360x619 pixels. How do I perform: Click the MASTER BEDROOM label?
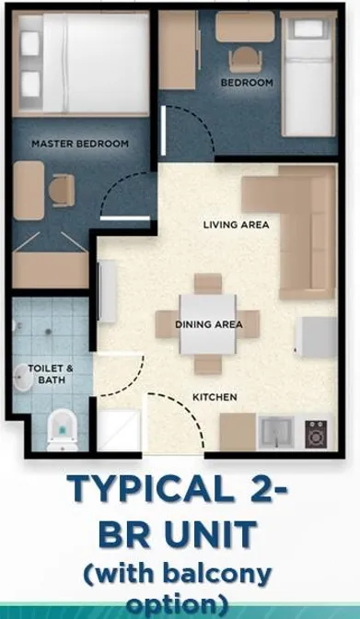80,144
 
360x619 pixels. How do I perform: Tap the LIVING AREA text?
236,225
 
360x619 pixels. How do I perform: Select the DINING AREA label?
209,324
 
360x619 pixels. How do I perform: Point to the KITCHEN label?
215,397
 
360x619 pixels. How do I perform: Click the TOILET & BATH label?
51,374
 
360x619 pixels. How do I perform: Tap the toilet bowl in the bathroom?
63,430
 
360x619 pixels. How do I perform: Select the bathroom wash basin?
22,378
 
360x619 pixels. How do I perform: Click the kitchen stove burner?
316,434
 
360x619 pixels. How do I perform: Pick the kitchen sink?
276,433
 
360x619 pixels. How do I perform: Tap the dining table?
208,324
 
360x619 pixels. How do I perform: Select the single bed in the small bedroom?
308,74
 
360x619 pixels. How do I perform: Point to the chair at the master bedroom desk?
62,191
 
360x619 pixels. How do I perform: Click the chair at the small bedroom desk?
245,60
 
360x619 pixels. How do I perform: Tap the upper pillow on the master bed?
30,42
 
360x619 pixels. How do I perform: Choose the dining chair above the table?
208,284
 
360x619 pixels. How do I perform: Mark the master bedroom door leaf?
125,218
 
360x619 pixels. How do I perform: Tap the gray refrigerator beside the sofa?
316,337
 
